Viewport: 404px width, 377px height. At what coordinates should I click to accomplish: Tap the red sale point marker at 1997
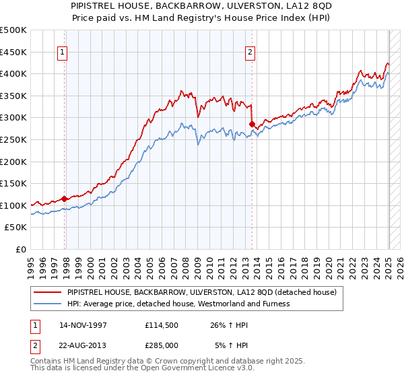[65, 199]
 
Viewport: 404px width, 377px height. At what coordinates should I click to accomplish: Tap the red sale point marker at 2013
[252, 124]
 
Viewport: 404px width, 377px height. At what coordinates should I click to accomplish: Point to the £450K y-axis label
[14, 52]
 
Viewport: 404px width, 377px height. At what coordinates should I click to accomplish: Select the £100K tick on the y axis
[14, 205]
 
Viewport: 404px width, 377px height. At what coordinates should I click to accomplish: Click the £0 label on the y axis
[20, 249]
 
